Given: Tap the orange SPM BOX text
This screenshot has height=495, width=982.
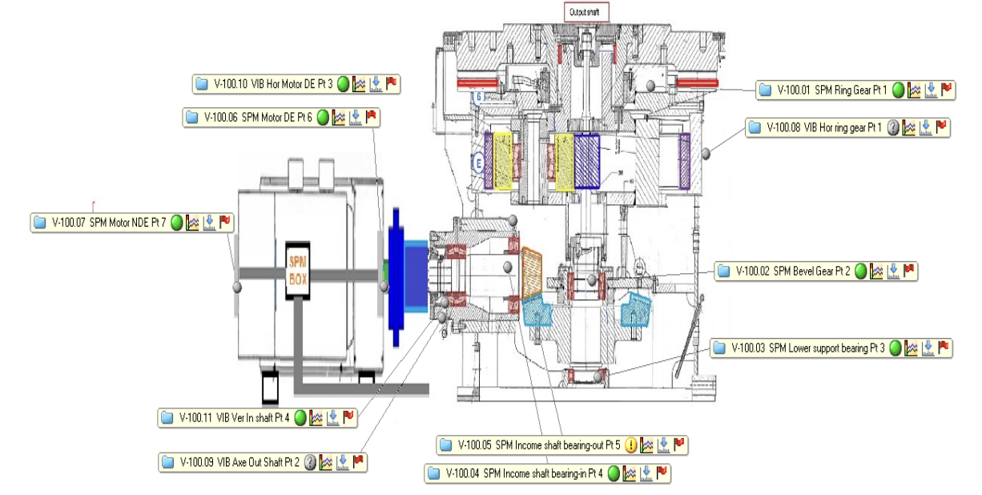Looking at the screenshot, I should coord(298,268).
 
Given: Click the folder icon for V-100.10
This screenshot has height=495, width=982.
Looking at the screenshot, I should coord(201,83).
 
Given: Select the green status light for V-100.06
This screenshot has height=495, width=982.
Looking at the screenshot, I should coord(323,118).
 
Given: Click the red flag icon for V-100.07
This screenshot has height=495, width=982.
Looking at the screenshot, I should coord(224,222).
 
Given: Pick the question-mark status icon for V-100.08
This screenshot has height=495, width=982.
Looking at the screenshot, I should coord(894,127).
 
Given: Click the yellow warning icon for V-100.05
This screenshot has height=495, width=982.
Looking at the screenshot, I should coord(631,445).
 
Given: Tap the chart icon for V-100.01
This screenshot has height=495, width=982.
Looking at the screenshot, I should coord(915,90).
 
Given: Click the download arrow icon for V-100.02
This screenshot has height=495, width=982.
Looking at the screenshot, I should coord(894,272).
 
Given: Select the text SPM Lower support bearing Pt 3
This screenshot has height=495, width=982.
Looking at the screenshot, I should coord(826,348).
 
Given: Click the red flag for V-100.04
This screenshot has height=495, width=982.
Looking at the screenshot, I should coord(662,473).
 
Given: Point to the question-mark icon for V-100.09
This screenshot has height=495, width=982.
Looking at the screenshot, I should coord(311,461).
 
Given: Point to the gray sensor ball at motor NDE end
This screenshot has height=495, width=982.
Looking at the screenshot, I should coord(236,286).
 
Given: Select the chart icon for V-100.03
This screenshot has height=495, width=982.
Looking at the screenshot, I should coord(912,348).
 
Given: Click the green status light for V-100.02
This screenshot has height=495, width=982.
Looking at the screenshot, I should coord(860,272).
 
